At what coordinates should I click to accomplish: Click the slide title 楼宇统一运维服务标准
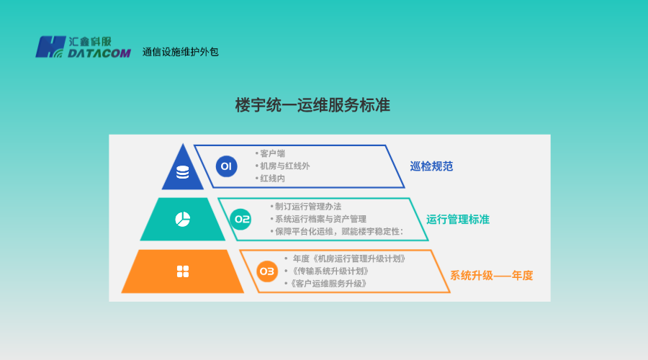[x=312, y=105]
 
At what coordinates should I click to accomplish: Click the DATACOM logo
[x=83, y=47]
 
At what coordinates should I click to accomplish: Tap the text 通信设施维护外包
[x=180, y=52]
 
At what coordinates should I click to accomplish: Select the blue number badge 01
[x=226, y=166]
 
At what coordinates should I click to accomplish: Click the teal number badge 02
[x=241, y=219]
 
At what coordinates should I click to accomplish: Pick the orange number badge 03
[x=267, y=271]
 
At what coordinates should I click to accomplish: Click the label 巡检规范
[x=431, y=166]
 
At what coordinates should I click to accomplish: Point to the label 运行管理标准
[x=458, y=219]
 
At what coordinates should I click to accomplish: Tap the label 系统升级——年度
[x=492, y=275]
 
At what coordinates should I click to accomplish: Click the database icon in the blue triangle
[x=182, y=172]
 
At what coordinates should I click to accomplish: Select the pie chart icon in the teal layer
[x=182, y=219]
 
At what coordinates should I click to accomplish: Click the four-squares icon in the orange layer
[x=182, y=271]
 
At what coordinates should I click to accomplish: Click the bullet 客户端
[x=272, y=153]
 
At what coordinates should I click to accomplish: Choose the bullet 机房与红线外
[x=284, y=166]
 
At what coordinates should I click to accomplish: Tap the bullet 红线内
[x=272, y=178]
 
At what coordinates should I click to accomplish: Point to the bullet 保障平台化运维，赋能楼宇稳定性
[x=338, y=231]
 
